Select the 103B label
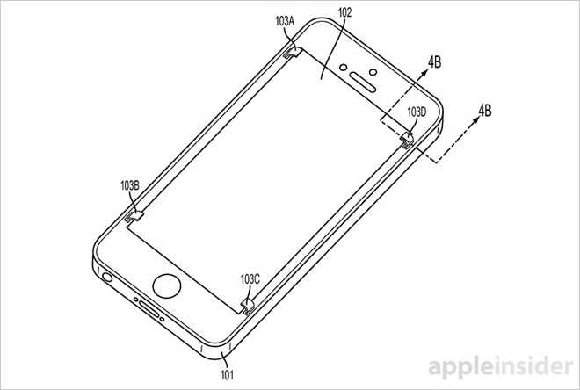tap(129, 186)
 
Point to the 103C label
tap(251, 278)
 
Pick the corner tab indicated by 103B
tap(134, 213)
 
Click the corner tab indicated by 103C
tap(247, 304)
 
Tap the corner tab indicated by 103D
tap(407, 139)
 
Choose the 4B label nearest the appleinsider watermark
tap(483, 112)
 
